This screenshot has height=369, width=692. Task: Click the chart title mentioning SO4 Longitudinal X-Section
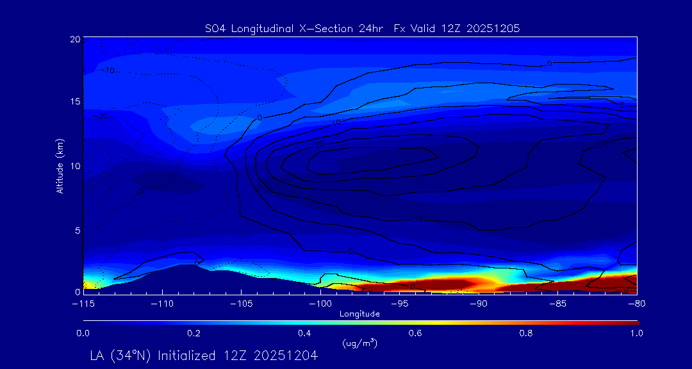coord(361,28)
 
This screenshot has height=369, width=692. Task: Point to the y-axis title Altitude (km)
coord(60,165)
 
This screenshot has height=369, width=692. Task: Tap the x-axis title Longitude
coord(359,314)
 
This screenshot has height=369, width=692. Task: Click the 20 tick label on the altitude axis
coord(74,40)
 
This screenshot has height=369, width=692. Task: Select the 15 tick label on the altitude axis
coord(74,102)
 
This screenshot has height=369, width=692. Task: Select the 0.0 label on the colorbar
coord(83,333)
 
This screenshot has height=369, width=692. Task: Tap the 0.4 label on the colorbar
coord(304,333)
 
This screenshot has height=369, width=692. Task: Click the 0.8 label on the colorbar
coord(527,333)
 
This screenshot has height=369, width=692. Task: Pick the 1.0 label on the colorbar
coord(637,333)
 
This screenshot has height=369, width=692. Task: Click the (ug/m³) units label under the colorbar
coord(359,343)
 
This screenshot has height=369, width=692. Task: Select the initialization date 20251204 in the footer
coord(286,356)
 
